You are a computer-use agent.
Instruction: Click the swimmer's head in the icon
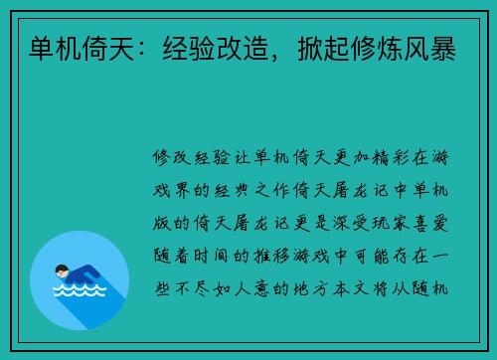point(62,270)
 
